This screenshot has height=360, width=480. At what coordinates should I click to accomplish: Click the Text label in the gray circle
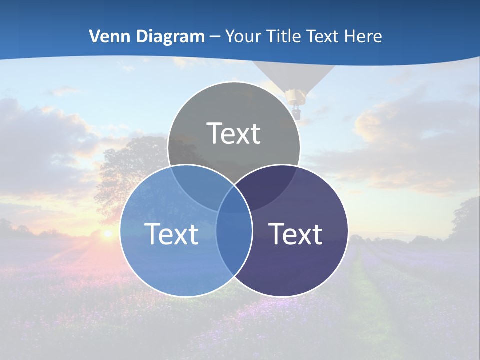point(234,133)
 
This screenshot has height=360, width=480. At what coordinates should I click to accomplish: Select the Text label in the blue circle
point(171,234)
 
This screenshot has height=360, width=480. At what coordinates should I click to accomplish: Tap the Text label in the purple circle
point(296,234)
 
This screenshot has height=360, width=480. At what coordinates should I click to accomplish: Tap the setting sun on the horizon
point(107,233)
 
